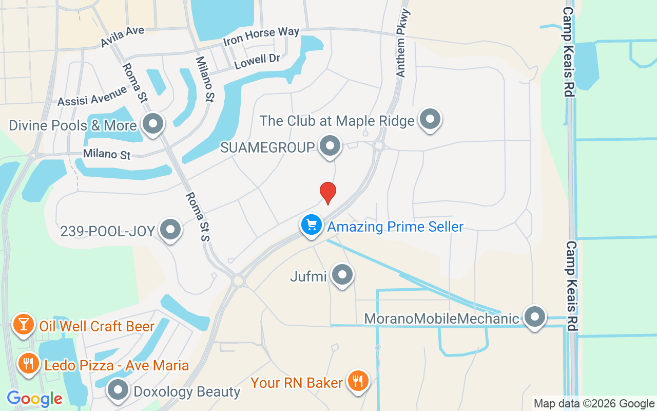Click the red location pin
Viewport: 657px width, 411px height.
(328, 192)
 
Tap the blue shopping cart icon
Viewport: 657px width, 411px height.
(311, 225)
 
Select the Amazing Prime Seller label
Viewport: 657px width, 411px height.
(395, 227)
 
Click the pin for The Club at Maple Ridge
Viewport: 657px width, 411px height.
(430, 119)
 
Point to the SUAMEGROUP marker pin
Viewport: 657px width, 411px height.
(330, 146)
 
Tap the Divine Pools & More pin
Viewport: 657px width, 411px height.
(152, 124)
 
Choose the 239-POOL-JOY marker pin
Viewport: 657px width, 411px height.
(170, 230)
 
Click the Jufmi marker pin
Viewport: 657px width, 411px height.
(342, 274)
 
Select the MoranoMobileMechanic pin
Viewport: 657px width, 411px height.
(535, 316)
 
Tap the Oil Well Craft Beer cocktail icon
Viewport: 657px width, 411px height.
(23, 324)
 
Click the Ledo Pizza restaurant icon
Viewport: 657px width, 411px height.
(28, 364)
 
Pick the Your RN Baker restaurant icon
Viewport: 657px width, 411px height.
(358, 381)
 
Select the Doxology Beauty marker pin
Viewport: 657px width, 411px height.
(118, 390)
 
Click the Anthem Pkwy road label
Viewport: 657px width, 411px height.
(403, 44)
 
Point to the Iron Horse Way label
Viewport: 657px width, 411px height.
(261, 36)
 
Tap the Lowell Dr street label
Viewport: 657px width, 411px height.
(257, 62)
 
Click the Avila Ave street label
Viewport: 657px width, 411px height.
(123, 36)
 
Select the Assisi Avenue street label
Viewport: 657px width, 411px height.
(92, 96)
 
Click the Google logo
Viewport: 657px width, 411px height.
(34, 399)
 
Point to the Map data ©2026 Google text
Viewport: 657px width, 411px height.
(594, 404)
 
